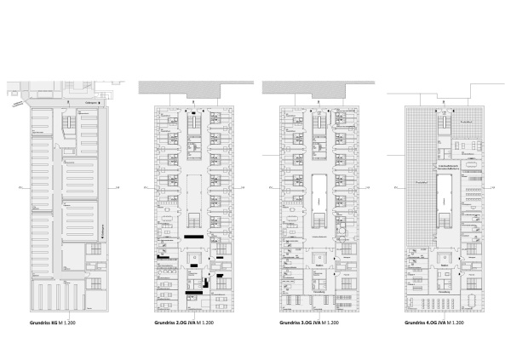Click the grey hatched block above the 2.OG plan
(179, 88)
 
